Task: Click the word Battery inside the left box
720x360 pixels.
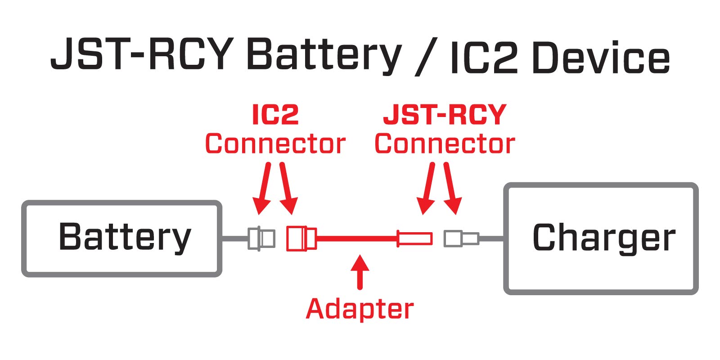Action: pos(125,237)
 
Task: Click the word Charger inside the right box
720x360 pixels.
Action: pos(603,238)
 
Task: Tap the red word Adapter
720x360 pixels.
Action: pos(360,309)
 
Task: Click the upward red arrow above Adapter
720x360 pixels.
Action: pos(360,272)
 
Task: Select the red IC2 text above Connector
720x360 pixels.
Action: pos(275,115)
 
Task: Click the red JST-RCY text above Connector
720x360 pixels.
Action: pos(445,115)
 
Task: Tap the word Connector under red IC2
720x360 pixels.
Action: pos(275,144)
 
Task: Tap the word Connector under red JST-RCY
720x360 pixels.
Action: pos(445,144)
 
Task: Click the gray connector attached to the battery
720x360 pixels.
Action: pos(261,238)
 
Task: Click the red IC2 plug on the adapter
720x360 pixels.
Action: pos(301,238)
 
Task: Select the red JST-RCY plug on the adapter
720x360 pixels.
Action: pos(414,238)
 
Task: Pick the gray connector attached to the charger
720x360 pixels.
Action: pos(460,238)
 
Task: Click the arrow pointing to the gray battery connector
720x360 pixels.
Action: pos(264,189)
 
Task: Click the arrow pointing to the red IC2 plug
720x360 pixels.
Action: pos(287,189)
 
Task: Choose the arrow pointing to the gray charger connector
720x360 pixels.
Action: pos(451,189)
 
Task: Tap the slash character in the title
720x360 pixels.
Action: pos(425,58)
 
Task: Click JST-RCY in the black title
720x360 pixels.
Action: pos(142,54)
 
